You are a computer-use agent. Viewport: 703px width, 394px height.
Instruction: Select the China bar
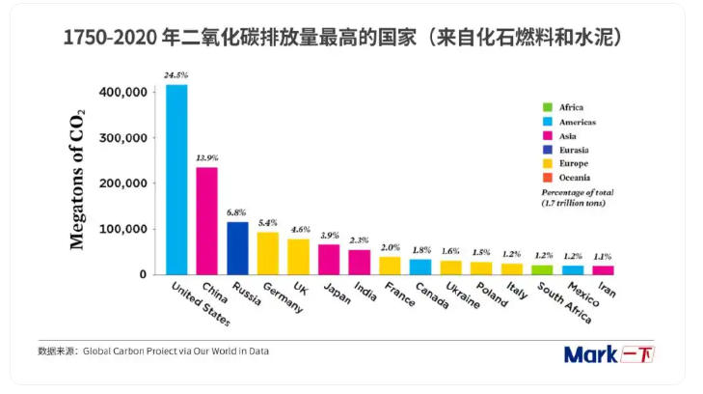click(x=206, y=221)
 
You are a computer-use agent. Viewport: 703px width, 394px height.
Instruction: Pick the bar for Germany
click(x=267, y=253)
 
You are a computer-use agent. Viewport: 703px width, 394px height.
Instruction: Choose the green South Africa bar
click(x=542, y=269)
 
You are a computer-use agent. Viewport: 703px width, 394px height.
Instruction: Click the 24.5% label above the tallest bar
click(x=176, y=74)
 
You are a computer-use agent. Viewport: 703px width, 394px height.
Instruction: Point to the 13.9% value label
click(x=206, y=157)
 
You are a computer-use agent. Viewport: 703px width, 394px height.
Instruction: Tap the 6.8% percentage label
click(x=237, y=212)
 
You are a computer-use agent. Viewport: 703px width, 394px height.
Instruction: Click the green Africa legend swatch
click(x=548, y=107)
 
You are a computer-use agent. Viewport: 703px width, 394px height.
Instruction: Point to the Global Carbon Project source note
click(x=154, y=352)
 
